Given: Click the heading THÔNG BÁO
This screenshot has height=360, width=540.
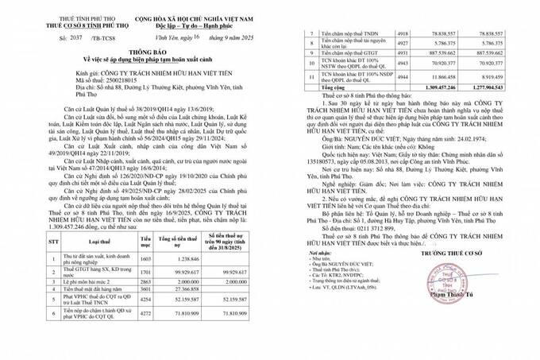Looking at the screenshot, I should (x=132, y=53).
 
